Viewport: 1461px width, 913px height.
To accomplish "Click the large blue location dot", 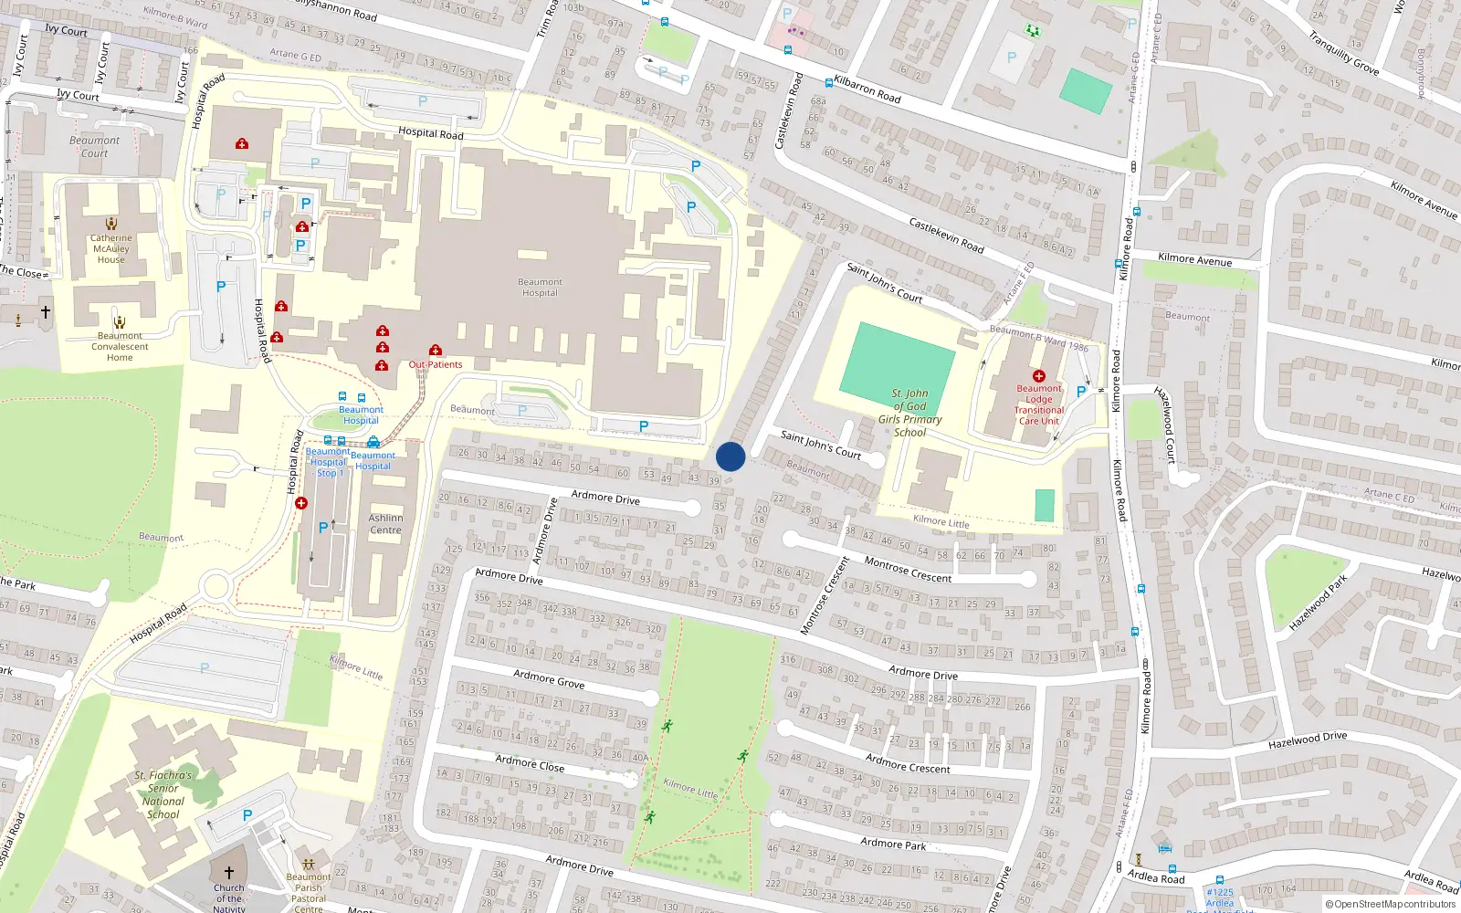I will point(730,456).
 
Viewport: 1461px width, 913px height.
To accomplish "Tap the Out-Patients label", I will point(436,364).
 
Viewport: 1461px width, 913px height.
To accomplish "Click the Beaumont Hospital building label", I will point(540,288).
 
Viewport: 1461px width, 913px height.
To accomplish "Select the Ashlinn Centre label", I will point(385,524).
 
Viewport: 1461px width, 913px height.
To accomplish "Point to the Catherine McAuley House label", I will point(111,248).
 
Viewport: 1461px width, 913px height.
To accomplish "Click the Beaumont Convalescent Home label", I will point(120,347).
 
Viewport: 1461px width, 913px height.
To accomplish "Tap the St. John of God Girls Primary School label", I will point(909,413).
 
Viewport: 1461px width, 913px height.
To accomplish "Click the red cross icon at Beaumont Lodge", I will point(1038,376).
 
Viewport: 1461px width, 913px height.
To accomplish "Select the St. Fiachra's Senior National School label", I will point(163,794).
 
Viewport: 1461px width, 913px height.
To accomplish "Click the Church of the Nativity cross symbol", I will point(229,873).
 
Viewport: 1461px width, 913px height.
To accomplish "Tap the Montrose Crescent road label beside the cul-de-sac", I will point(908,570).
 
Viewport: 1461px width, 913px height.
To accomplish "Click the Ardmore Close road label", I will point(530,762).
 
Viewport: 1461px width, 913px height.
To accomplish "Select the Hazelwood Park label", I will point(1318,603).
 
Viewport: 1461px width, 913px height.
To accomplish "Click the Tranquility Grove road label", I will point(1343,53).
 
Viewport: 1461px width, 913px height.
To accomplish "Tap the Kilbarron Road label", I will point(867,89).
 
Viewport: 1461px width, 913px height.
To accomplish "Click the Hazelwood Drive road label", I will point(1307,740).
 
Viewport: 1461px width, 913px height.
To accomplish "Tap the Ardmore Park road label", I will point(893,844).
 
